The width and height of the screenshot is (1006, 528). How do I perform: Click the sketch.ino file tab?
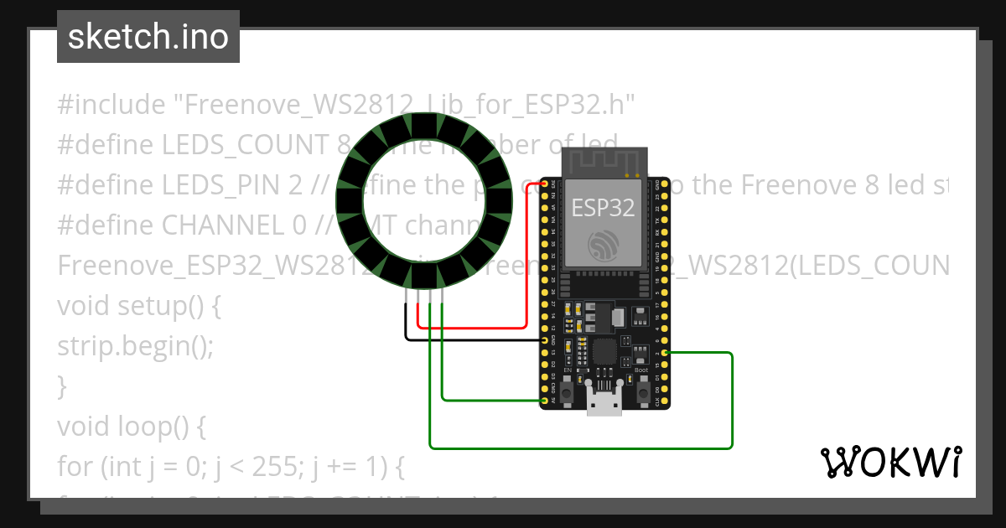[148, 37]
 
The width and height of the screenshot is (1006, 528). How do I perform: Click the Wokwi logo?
[890, 462]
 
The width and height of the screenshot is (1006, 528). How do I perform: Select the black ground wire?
[469, 340]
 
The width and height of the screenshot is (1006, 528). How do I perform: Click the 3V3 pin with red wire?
[545, 184]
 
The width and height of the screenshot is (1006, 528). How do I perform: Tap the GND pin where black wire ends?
[545, 340]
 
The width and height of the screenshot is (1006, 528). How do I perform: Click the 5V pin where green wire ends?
[545, 401]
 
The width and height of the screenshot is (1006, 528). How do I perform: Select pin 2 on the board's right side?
[664, 353]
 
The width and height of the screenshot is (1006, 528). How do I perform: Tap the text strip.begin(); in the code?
[135, 346]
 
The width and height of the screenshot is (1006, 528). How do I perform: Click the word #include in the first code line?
[111, 105]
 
